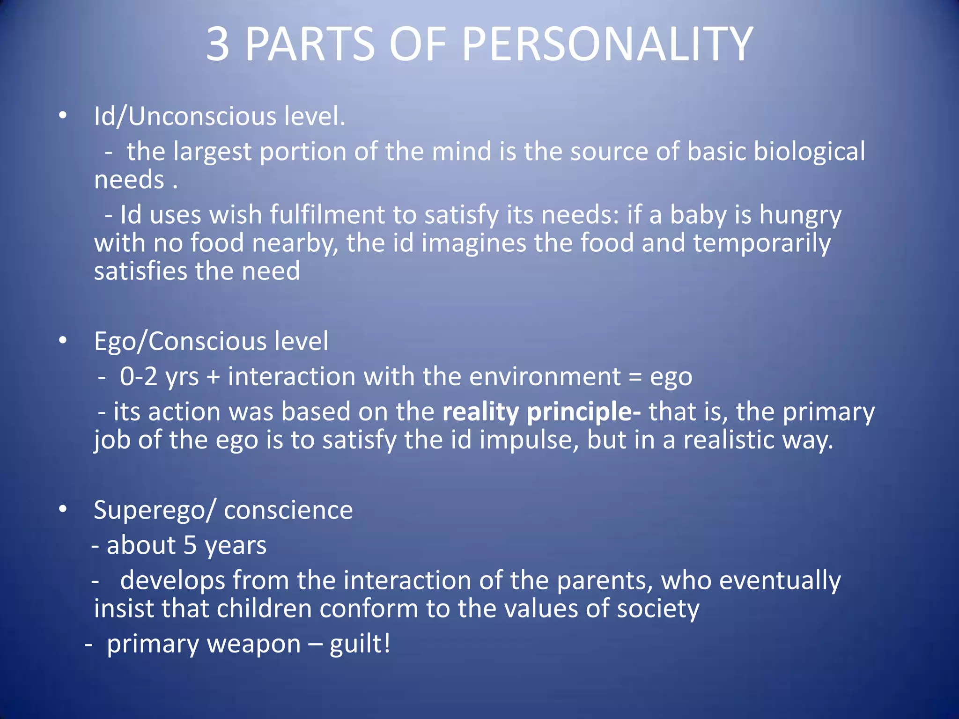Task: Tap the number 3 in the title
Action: pyautogui.click(x=218, y=44)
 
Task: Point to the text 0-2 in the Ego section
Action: pyautogui.click(x=139, y=377)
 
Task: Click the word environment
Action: pyautogui.click(x=545, y=377)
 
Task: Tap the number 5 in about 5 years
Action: pyautogui.click(x=190, y=546)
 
